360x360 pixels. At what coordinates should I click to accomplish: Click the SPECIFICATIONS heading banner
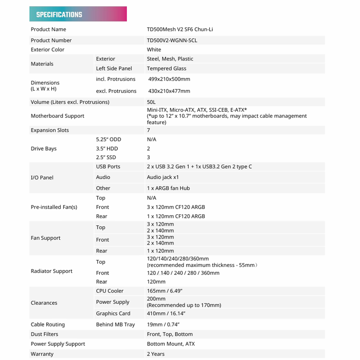click(78, 14)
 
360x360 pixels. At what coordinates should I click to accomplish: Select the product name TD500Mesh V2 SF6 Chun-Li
click(180, 29)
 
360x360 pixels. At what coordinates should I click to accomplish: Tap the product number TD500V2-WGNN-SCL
click(172, 40)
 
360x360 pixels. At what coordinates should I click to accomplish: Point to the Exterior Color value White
click(154, 49)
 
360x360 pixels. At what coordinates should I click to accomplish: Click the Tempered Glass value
click(166, 68)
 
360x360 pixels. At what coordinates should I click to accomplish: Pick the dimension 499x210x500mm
click(169, 79)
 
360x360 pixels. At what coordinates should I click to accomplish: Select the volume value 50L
click(151, 102)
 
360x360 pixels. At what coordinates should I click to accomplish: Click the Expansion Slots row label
click(50, 130)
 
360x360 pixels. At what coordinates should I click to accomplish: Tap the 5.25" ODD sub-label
click(109, 139)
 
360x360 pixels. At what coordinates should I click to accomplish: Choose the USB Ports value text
click(199, 166)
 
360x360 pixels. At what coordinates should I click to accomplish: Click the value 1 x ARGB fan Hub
click(168, 188)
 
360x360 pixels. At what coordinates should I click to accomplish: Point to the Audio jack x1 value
click(163, 177)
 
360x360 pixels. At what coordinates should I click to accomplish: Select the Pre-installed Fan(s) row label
click(54, 207)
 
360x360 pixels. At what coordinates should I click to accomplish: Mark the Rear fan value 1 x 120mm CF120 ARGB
click(176, 216)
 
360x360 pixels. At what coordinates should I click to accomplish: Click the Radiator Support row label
click(52, 271)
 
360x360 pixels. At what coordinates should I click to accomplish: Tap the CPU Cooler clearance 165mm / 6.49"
click(164, 291)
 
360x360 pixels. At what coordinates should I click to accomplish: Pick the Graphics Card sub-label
click(113, 313)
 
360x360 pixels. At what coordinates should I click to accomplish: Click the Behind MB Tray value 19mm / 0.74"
click(163, 325)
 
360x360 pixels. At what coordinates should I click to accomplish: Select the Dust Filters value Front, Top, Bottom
click(170, 334)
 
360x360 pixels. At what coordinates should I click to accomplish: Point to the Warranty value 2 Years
click(156, 354)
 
